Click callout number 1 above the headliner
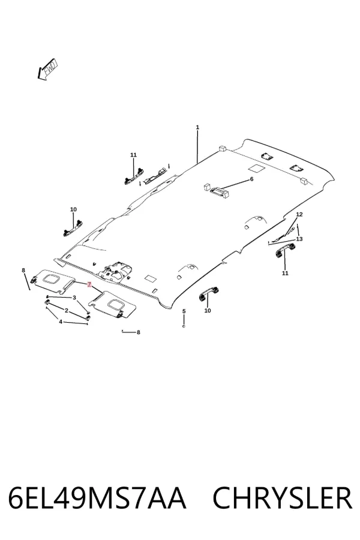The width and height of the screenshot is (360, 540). pyautogui.click(x=197, y=127)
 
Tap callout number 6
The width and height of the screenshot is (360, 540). pyautogui.click(x=251, y=179)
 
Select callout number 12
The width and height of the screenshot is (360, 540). pyautogui.click(x=299, y=215)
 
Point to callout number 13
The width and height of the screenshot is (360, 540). pyautogui.click(x=299, y=239)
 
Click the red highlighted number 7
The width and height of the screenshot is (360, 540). pyautogui.click(x=89, y=284)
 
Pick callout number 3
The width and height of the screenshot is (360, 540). pyautogui.click(x=74, y=298)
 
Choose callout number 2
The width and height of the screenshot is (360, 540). pyautogui.click(x=67, y=311)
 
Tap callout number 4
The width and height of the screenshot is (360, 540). pyautogui.click(x=61, y=322)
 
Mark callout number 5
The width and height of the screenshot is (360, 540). pyautogui.click(x=184, y=311)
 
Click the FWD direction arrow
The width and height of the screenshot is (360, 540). pyautogui.click(x=47, y=70)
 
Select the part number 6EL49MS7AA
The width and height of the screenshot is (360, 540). pyautogui.click(x=97, y=498)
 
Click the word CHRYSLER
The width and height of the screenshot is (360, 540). pyautogui.click(x=283, y=498)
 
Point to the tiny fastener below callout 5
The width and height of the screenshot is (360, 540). pyautogui.click(x=184, y=326)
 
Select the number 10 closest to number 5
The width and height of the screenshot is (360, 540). pyautogui.click(x=208, y=311)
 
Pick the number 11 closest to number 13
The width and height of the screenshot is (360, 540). pyautogui.click(x=285, y=274)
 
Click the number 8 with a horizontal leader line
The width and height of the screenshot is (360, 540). pyautogui.click(x=139, y=332)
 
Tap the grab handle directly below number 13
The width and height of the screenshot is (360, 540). pyautogui.click(x=284, y=250)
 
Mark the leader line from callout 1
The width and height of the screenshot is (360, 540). pyautogui.click(x=197, y=146)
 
